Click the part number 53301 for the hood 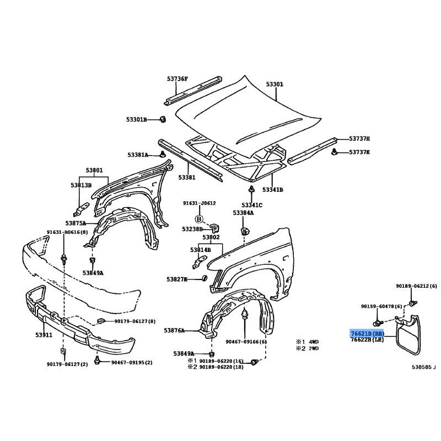click(x=275, y=84)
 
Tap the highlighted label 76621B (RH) click(x=367, y=334)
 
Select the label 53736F click(x=177, y=79)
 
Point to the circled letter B click(x=199, y=219)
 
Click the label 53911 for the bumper click(x=44, y=335)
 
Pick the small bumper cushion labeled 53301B click(x=163, y=119)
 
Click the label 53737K click(x=359, y=152)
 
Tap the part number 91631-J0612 click(x=200, y=203)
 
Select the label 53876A click(x=174, y=330)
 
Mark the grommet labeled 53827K click(x=205, y=278)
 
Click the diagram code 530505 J click(x=424, y=367)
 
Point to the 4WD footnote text click(x=314, y=342)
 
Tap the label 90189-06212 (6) click(x=417, y=286)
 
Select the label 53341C click(x=252, y=205)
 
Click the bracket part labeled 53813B click(x=81, y=209)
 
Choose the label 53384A click(x=243, y=213)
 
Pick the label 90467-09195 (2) click(x=132, y=363)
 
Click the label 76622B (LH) click(x=367, y=340)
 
